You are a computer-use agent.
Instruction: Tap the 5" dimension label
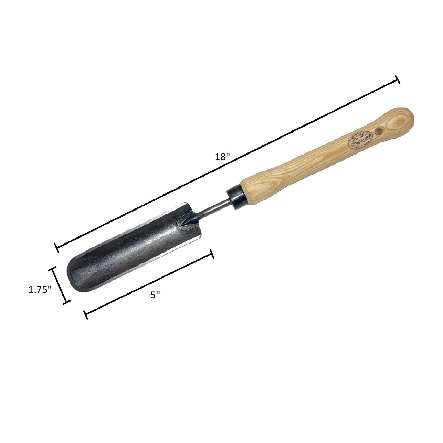tap(155, 294)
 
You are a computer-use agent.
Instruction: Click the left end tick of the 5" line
tap(86, 315)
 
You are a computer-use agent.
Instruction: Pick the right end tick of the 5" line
tap(211, 254)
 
